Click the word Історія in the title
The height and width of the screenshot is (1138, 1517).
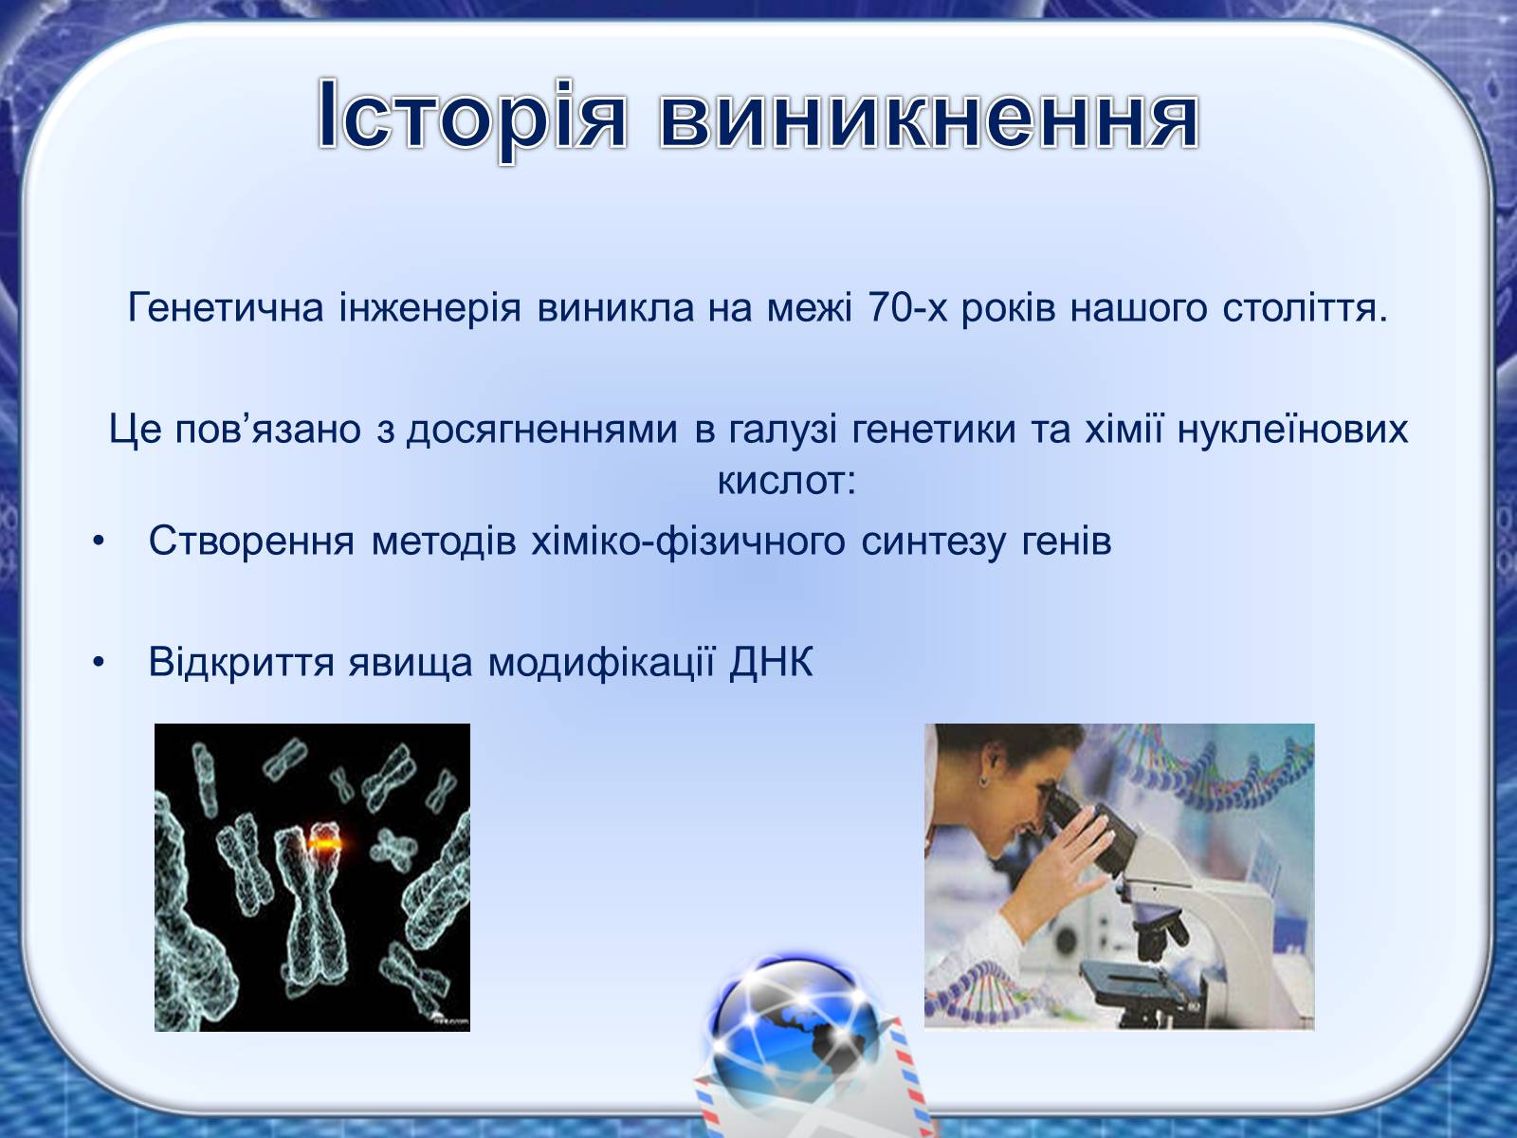[472, 116]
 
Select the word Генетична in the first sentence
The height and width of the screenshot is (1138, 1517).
[226, 307]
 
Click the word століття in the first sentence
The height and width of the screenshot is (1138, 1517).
[1305, 307]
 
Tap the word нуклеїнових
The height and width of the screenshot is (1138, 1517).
[1292, 429]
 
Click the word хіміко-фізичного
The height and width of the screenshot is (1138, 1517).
[687, 541]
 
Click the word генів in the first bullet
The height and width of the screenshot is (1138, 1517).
[1067, 541]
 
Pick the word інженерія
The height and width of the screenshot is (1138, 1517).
[430, 307]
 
